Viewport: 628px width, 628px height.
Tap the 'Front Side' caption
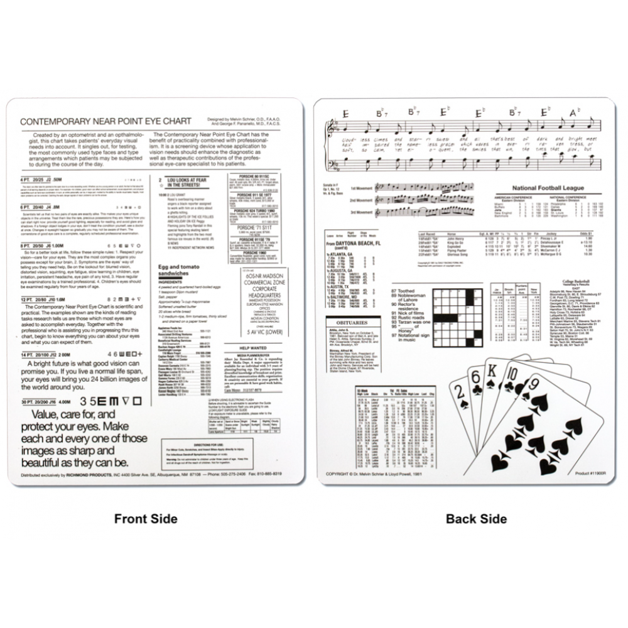click(x=146, y=519)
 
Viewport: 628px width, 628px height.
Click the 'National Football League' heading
click(x=548, y=188)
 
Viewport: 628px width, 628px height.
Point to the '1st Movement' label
click(x=361, y=188)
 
